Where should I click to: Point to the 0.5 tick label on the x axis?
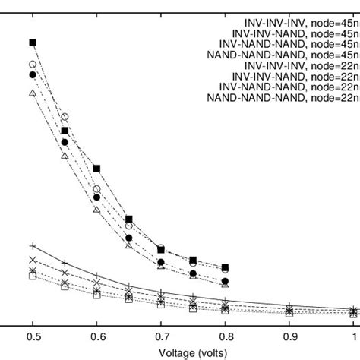pos(33,335)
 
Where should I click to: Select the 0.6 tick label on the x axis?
pos(96,335)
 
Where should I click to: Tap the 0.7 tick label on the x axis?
pos(161,335)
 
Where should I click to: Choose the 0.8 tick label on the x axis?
pos(225,335)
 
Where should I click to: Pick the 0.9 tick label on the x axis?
pos(289,335)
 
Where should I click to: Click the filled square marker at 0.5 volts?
pos(33,43)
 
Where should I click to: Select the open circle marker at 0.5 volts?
pos(33,65)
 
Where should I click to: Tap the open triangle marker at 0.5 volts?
pos(33,93)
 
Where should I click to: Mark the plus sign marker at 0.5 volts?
pos(33,246)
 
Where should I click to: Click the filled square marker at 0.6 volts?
pos(96,168)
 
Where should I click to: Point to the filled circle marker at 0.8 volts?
pos(225,282)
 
